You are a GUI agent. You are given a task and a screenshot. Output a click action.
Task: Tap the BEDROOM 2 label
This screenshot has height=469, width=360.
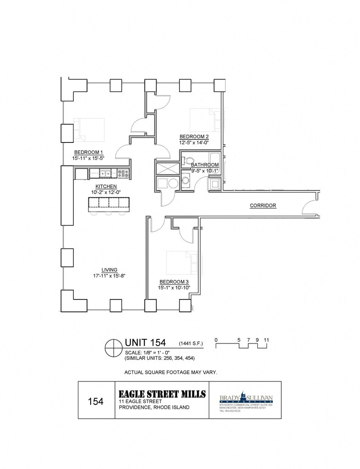point(194,136)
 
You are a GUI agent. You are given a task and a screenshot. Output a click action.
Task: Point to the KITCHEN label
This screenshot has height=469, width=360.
point(106,186)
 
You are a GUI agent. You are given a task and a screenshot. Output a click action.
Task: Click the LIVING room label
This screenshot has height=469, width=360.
point(109,270)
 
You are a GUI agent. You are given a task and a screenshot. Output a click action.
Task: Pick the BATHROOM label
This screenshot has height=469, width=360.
point(205,165)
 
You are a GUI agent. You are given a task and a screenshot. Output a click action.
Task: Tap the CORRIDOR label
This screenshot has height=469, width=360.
point(263,206)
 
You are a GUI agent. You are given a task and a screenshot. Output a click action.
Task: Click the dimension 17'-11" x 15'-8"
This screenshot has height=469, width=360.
point(109,276)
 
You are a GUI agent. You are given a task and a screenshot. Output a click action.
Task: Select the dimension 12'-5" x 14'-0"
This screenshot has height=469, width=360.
point(194,142)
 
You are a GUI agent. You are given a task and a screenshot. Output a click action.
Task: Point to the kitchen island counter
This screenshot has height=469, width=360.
point(109,203)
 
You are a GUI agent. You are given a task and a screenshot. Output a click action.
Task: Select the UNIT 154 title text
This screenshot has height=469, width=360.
point(146,344)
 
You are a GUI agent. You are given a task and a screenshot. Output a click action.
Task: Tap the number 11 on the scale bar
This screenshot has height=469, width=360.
point(266,340)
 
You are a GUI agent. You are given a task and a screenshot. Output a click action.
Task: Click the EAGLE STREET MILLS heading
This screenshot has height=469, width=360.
point(162,394)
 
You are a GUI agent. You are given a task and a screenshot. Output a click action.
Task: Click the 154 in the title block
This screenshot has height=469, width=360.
point(96,401)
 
